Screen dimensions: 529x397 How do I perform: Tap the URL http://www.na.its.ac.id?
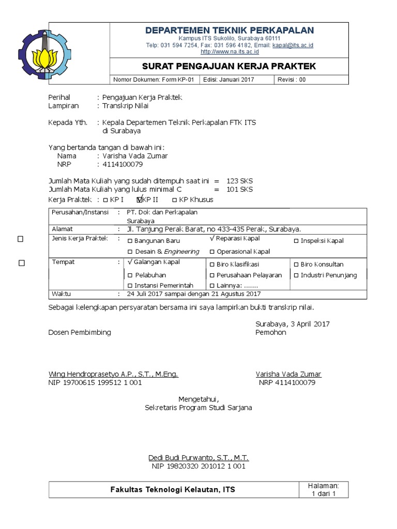click(230, 52)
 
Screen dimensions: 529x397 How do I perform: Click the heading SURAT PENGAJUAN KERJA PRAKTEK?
click(228, 67)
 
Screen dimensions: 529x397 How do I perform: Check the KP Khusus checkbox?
click(174, 200)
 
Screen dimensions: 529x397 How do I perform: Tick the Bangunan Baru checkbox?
click(130, 241)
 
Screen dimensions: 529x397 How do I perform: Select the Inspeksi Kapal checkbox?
click(296, 241)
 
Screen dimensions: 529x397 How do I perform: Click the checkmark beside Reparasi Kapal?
click(212, 239)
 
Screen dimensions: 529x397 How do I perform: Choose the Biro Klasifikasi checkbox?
click(212, 265)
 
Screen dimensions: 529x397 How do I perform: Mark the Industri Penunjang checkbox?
click(296, 276)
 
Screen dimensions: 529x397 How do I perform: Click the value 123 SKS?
click(239, 181)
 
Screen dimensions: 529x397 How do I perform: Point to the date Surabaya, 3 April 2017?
click(292, 324)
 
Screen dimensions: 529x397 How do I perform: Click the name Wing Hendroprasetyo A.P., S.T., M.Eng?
click(113, 374)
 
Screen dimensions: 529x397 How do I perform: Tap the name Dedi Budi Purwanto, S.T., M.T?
click(198, 458)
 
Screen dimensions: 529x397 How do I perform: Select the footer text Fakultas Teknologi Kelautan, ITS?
click(173, 489)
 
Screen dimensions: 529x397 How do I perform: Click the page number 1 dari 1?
click(323, 493)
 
